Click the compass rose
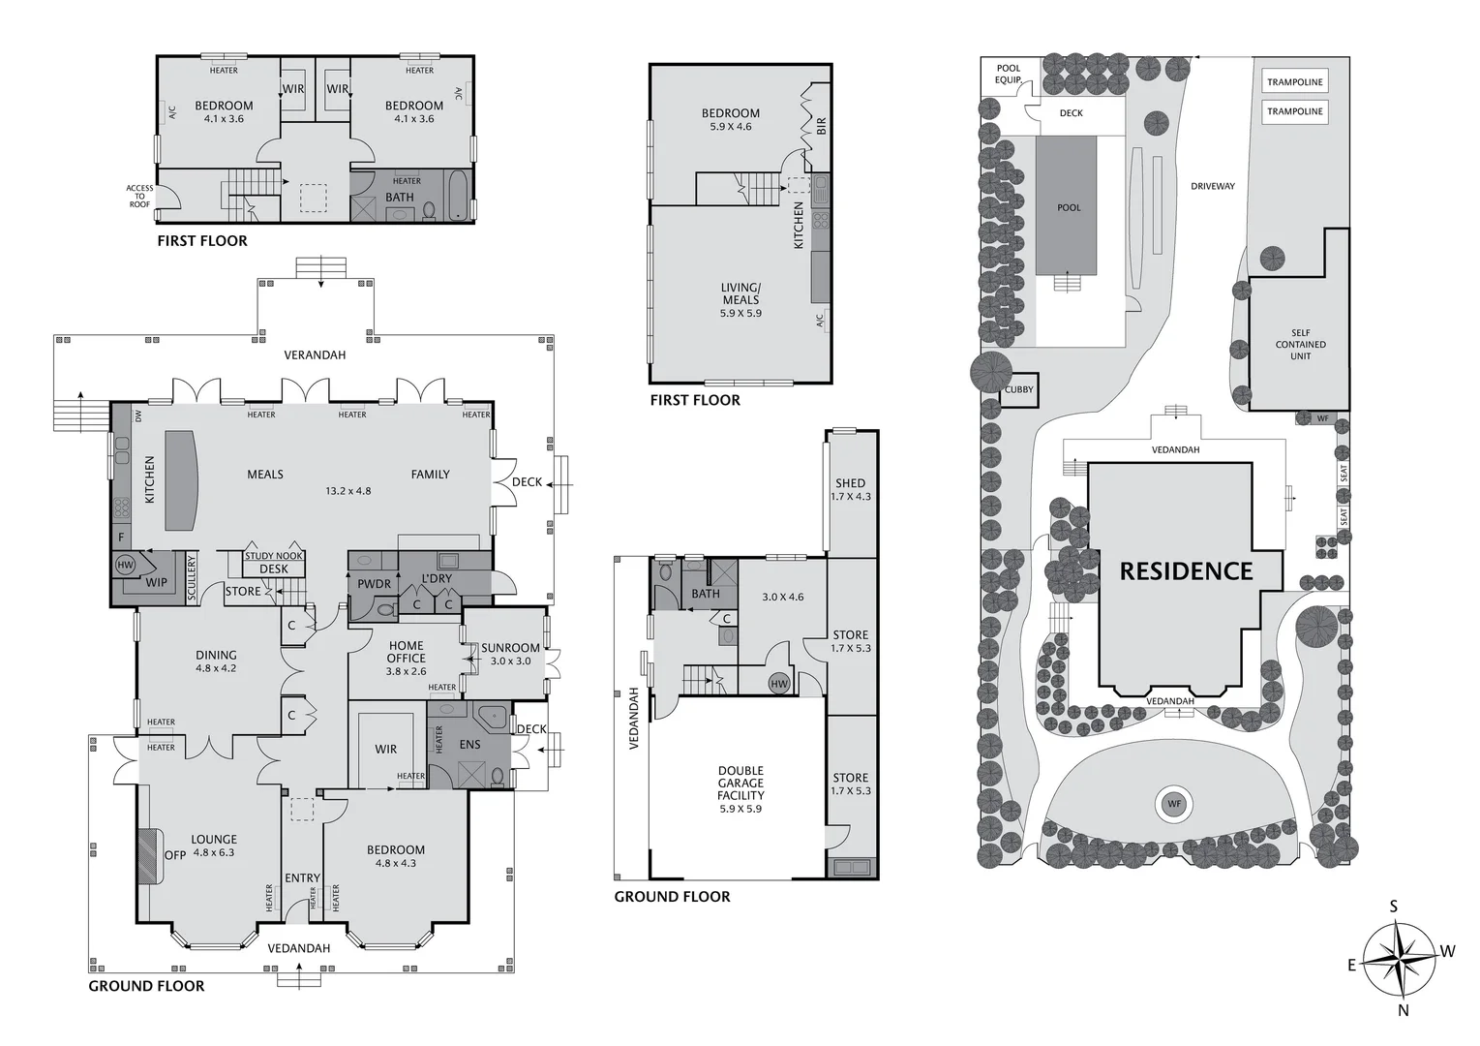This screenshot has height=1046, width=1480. pos(1401,958)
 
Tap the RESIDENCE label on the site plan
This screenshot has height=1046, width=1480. pos(1186,571)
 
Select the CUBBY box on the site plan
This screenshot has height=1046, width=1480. pos(1018,389)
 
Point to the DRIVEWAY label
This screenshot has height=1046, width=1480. pos(1212,186)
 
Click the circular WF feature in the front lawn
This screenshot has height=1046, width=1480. pos(1174,804)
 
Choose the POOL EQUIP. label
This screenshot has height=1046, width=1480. pos(1008,75)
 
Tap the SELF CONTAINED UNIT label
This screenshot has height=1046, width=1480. pos(1300,345)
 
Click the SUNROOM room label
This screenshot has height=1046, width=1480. pos(510,648)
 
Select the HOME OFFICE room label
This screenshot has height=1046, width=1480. pos(406,652)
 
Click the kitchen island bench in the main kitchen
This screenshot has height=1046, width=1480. pos(179,480)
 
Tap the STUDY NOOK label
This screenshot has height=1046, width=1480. pos(274,556)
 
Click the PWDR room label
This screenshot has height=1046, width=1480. pos(374,584)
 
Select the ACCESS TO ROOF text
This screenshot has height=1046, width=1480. pos(139,197)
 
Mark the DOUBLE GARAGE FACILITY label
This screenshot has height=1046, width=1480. pos(740,789)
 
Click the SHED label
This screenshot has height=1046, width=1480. pos(850,483)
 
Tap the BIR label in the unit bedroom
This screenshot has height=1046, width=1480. pos(821,126)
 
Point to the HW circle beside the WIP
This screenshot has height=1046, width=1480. pos(125,565)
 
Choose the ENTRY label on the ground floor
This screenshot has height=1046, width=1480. pos(302,878)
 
